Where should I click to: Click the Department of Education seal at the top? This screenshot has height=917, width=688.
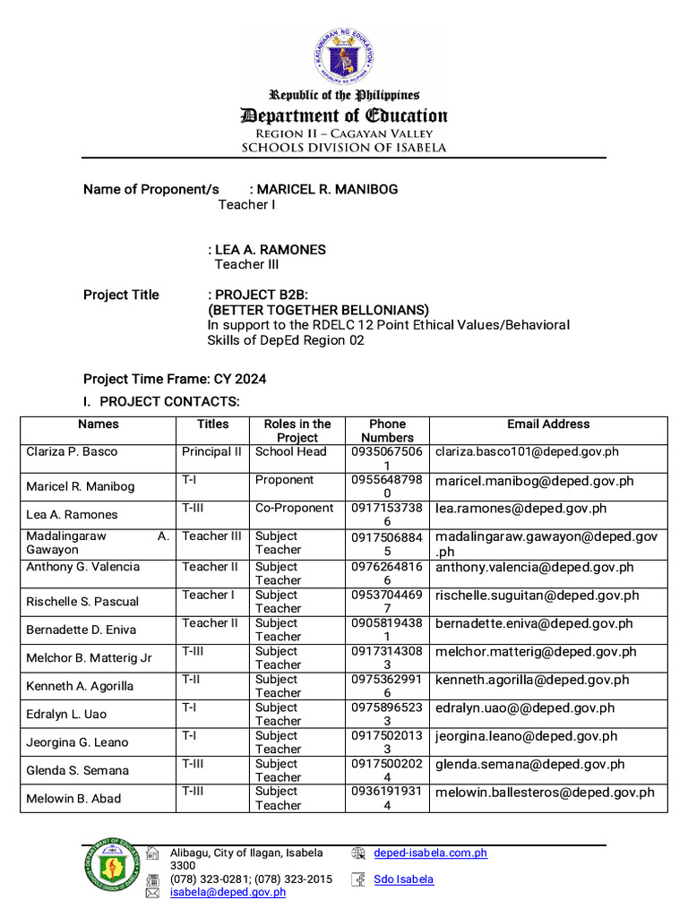click(344, 56)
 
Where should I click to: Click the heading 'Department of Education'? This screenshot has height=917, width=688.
click(343, 116)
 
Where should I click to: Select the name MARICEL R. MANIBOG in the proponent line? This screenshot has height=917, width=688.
click(328, 189)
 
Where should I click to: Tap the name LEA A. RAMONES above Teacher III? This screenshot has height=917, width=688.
click(270, 250)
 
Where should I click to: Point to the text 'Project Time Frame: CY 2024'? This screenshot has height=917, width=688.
click(174, 379)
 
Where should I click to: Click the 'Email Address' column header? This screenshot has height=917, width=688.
click(548, 424)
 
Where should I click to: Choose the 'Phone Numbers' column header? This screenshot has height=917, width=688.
click(387, 431)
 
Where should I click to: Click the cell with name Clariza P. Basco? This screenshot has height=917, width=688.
click(72, 452)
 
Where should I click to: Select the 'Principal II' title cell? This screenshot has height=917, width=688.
click(211, 452)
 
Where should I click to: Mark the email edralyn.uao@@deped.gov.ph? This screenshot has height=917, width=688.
click(525, 707)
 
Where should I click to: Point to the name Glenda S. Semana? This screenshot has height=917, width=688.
click(77, 770)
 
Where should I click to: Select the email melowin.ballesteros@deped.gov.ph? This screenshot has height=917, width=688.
click(545, 793)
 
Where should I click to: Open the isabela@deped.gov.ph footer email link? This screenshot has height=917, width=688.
click(228, 892)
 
